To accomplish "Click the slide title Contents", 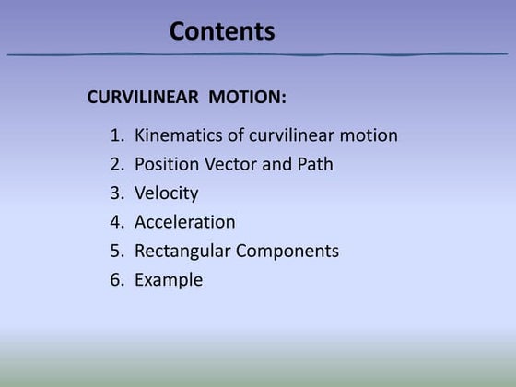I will (x=222, y=31).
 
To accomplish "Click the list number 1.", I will (x=116, y=136).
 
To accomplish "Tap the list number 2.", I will (x=116, y=165).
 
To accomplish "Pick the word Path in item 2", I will (x=315, y=165).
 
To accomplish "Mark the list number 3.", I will (x=116, y=193).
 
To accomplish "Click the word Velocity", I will (x=166, y=193).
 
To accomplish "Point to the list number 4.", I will (x=116, y=222).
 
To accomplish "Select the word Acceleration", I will (x=184, y=222).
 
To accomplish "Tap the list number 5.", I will (x=116, y=251).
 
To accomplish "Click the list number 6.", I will (x=116, y=279).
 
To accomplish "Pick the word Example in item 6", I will (x=169, y=279).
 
